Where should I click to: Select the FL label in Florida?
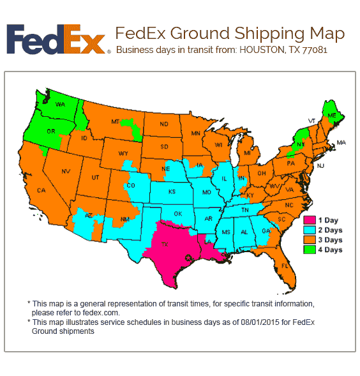[x=285, y=264]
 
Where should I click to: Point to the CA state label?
[x=41, y=190]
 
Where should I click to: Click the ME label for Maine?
[x=331, y=116]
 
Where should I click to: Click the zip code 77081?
[x=315, y=50]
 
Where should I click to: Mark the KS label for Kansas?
[x=172, y=192]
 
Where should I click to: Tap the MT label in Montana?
[x=116, y=121]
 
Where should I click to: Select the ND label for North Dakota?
[x=164, y=124]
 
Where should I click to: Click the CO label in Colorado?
[x=131, y=186]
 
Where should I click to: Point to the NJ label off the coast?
[x=320, y=165]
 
